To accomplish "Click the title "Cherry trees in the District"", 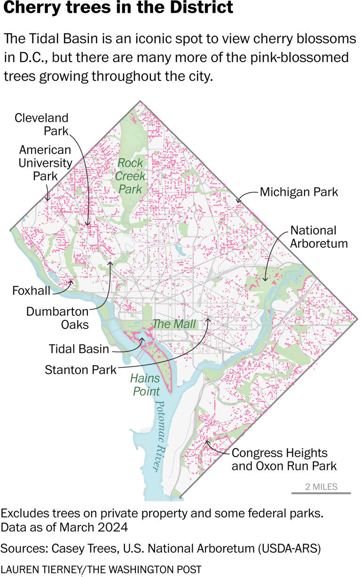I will [118, 8].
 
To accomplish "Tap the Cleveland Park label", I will [41, 124].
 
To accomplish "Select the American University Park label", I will [45, 163].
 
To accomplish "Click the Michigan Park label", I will [299, 192].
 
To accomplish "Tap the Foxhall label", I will [31, 291].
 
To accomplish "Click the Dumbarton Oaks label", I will [57, 318].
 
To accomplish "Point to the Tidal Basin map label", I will [79, 349].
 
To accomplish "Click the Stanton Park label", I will [80, 370].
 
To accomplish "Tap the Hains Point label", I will [146, 384].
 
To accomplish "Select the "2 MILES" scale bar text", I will [322, 486].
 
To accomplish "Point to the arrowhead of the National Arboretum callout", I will [265, 281].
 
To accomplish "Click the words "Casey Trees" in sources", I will [83, 547].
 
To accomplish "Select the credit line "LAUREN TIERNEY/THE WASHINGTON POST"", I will [101, 569].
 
